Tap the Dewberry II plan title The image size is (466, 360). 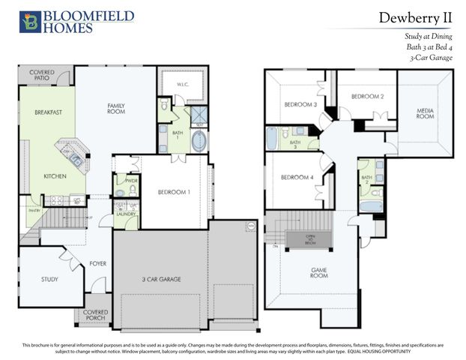tap(416, 18)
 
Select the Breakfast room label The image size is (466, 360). tap(47, 112)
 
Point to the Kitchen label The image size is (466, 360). tap(54, 176)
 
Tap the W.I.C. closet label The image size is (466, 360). tap(181, 85)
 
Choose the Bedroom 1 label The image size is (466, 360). tap(174, 192)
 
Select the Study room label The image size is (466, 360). tap(49, 279)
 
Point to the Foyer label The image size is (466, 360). tap(98, 263)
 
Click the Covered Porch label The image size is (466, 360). tap(95, 314)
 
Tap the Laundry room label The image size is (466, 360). tap(125, 214)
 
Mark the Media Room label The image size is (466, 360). tap(425, 113)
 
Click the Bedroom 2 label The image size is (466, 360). tap(368, 97)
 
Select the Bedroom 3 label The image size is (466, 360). tap(300, 104)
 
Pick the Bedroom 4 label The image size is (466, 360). tap(297, 177)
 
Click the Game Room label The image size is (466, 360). tap(319, 271)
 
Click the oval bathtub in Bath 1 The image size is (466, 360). tap(199, 141)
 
